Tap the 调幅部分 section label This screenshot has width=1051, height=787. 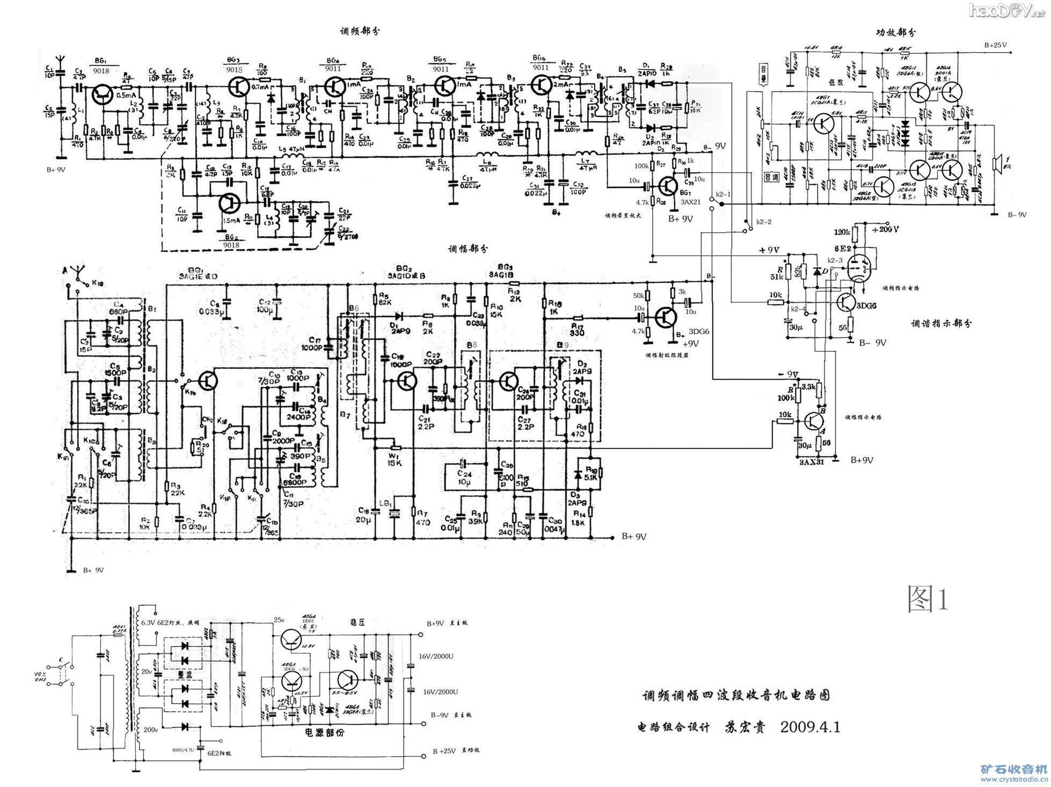point(468,249)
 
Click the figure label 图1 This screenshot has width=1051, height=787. point(928,599)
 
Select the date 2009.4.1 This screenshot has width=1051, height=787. point(810,727)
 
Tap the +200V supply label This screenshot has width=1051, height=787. point(885,229)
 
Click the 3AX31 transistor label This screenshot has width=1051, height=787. point(811,461)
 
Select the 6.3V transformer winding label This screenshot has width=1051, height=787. point(148,622)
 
